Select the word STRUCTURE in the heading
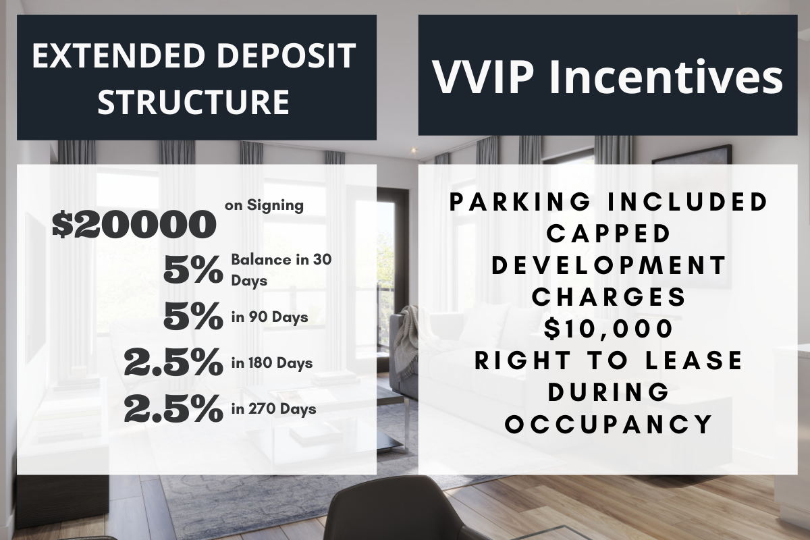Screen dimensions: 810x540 click(x=194, y=102)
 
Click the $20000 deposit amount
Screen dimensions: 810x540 click(x=134, y=225)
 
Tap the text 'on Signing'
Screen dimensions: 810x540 click(x=264, y=206)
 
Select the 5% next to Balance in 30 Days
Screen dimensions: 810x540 click(x=193, y=270)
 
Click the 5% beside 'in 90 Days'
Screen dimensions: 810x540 click(x=193, y=317)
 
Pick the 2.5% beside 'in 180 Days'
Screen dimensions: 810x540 click(x=173, y=362)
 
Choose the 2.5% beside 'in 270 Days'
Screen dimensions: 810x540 click(x=173, y=408)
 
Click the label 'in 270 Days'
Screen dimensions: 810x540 click(x=274, y=409)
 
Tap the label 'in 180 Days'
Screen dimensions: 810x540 click(x=272, y=362)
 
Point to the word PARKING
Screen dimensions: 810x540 click(x=520, y=202)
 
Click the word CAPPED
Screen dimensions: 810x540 click(x=609, y=234)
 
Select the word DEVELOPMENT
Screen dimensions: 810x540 click(x=610, y=265)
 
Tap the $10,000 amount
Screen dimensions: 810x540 click(x=609, y=329)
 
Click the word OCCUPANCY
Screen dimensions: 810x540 click(x=609, y=425)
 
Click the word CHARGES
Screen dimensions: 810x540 click(x=609, y=297)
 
